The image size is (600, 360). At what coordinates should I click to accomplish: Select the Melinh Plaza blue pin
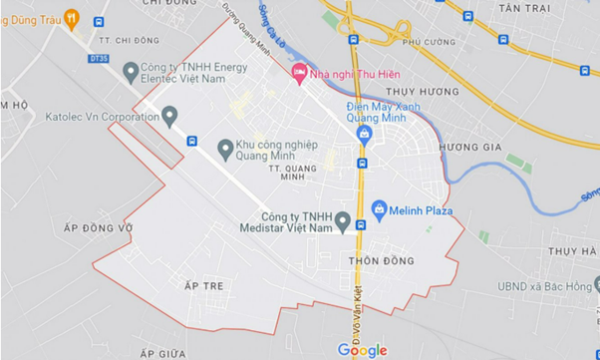(379, 210)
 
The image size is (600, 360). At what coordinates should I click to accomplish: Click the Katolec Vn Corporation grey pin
(169, 117)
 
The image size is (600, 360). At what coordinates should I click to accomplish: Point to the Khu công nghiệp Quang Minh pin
(225, 150)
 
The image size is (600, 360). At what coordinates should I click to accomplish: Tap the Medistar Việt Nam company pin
(343, 221)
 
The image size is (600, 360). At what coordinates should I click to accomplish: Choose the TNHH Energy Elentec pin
(130, 71)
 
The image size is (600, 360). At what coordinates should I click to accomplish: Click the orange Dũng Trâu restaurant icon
(71, 17)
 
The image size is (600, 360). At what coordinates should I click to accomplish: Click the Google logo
(362, 349)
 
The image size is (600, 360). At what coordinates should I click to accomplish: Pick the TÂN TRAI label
(523, 7)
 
